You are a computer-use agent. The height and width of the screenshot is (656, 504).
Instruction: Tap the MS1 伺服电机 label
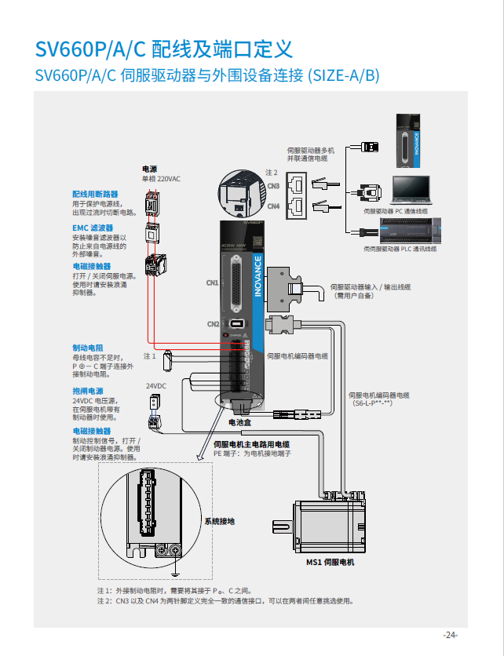point(330,563)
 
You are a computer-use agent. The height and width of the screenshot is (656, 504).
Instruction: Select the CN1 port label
point(212,282)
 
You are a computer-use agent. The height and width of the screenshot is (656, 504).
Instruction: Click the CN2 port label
point(213,324)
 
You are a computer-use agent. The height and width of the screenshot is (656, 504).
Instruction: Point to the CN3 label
point(273,186)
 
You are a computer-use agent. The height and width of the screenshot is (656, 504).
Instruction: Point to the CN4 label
point(273,206)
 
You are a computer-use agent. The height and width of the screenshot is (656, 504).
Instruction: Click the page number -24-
point(450,635)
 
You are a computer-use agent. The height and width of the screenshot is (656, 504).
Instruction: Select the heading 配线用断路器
point(95,194)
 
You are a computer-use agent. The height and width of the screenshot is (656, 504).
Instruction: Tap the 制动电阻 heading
point(88,347)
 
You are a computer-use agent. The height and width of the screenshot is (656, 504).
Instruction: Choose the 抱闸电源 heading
point(88,391)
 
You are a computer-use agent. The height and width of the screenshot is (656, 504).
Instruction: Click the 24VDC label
point(156,386)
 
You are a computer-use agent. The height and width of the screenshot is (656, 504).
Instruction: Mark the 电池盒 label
point(239,422)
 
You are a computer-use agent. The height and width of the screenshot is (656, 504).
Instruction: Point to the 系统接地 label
point(219,521)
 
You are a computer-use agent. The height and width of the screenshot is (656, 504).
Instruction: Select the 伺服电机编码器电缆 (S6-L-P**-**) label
point(378,399)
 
